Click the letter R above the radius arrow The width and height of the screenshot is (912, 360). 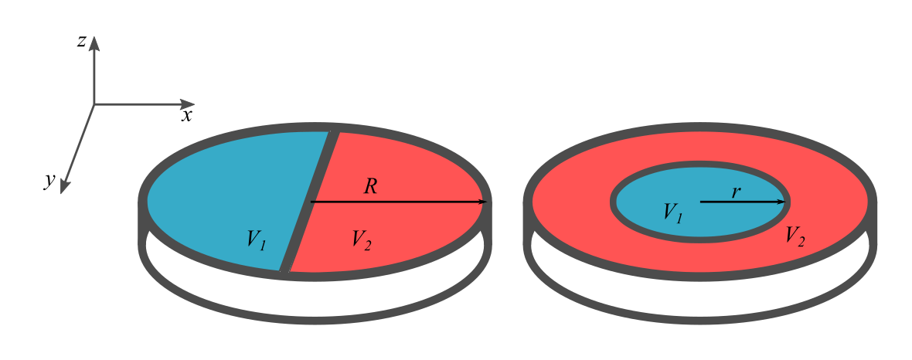point(371,186)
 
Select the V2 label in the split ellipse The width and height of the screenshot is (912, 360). point(361,239)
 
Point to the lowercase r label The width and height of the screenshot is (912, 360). point(736,192)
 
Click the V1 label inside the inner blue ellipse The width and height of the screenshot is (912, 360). point(672,212)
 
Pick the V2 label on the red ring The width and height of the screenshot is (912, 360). point(795,236)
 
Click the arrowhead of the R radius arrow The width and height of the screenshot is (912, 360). point(480,202)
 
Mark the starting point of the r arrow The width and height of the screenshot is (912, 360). point(701,202)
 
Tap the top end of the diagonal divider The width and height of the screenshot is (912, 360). point(334,134)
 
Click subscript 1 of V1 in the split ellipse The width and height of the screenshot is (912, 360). point(263,246)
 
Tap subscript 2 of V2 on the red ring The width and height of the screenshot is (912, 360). point(801,242)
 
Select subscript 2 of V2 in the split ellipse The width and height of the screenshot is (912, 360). point(368,246)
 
